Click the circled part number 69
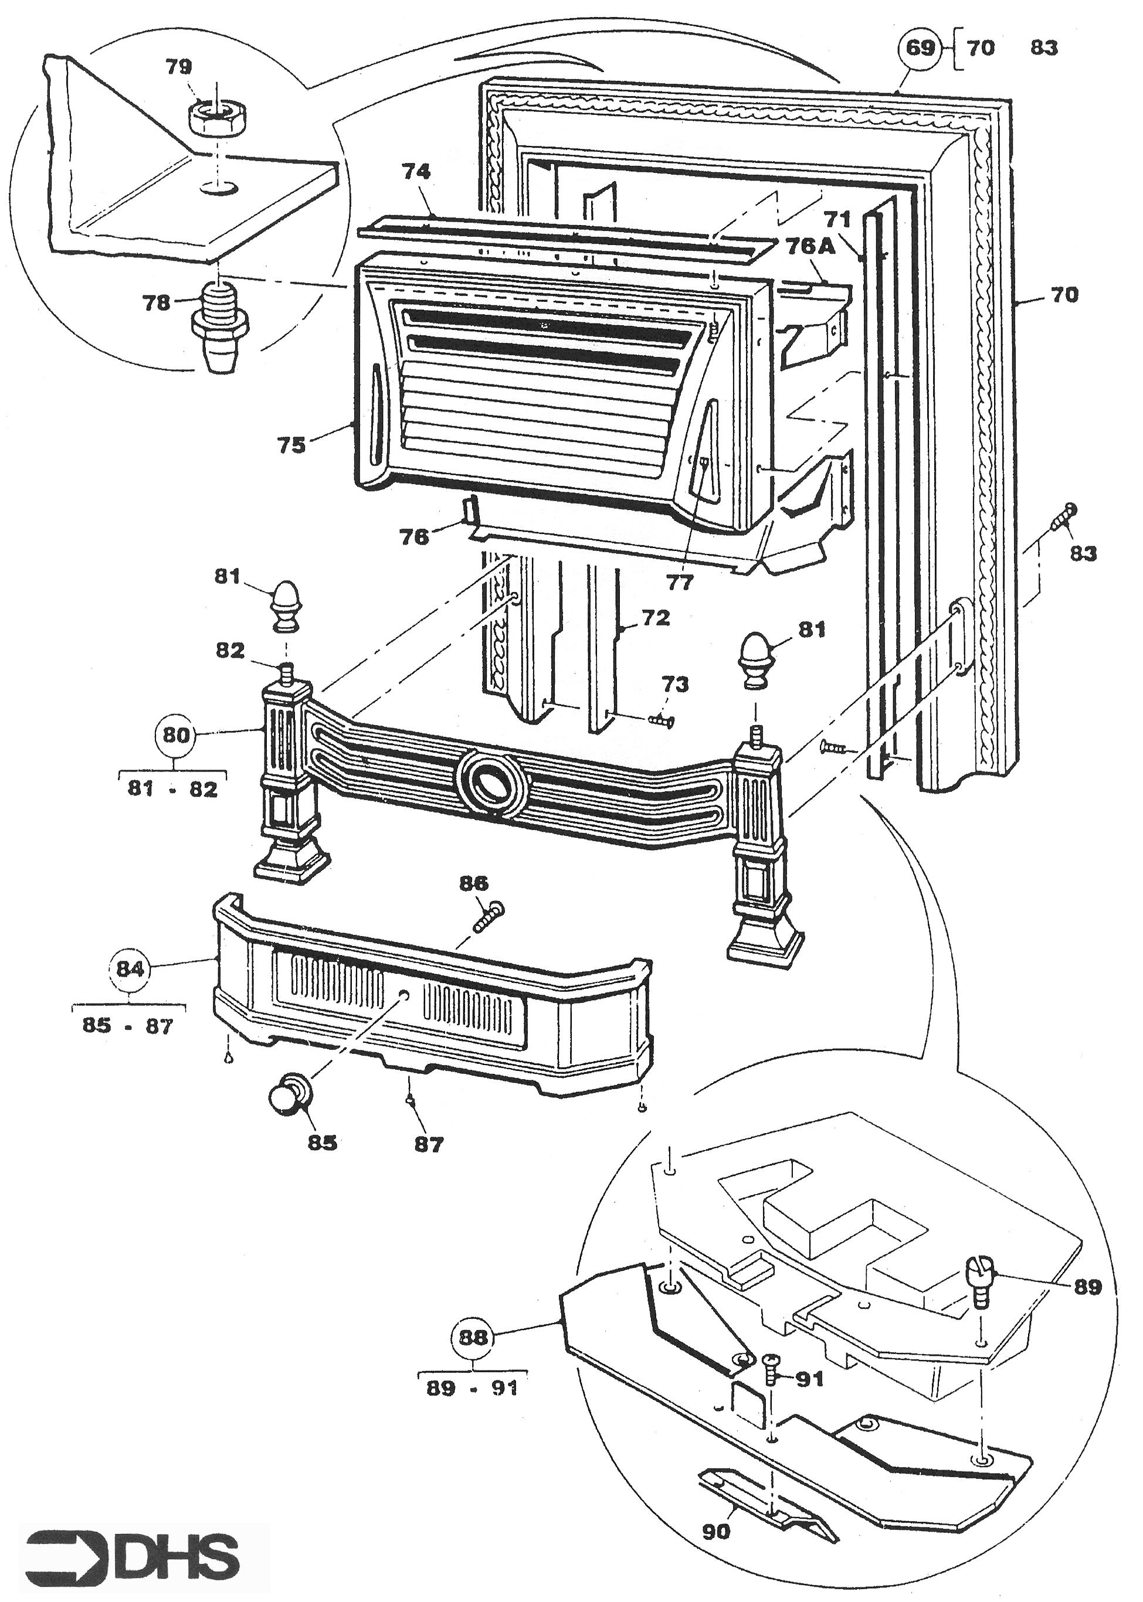[x=921, y=48]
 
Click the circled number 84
[x=130, y=969]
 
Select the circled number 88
[x=472, y=1338]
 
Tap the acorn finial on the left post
[x=284, y=604]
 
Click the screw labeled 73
[x=661, y=720]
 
